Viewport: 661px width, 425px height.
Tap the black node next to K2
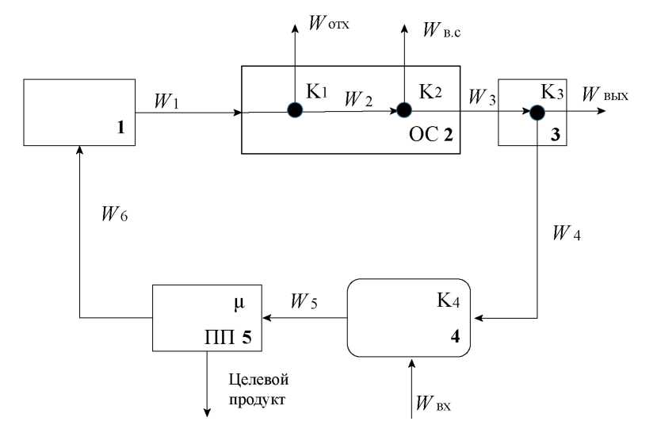click(x=404, y=110)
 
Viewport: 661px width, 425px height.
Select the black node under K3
click(x=537, y=113)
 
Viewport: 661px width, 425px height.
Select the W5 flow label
click(x=304, y=302)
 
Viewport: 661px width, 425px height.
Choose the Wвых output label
click(x=604, y=97)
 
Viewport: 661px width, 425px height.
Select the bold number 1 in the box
click(x=121, y=125)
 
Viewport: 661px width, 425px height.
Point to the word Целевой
click(x=255, y=378)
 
